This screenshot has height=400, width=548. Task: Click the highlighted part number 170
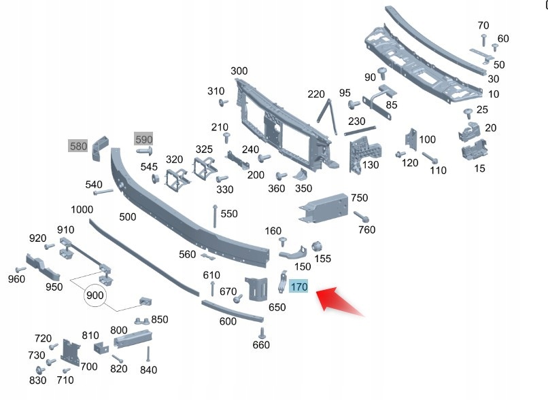[299, 287]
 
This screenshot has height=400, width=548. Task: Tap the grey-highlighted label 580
[78, 146]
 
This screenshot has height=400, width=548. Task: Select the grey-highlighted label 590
[143, 139]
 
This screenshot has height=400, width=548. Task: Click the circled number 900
[95, 296]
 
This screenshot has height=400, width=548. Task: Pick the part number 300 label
[239, 71]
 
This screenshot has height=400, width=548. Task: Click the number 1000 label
[82, 210]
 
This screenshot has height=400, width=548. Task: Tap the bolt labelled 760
[361, 218]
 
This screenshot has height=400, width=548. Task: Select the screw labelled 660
[262, 332]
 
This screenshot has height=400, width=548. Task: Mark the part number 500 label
[127, 217]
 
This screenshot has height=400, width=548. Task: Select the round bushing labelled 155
[315, 246]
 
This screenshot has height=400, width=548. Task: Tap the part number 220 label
[316, 94]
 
